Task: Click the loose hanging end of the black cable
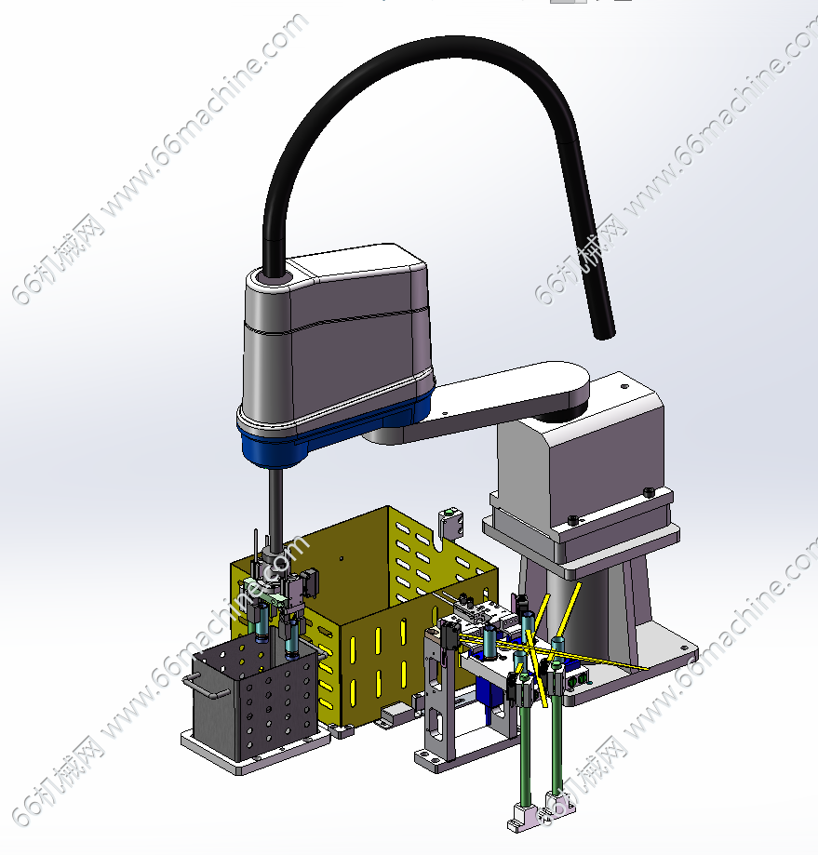tap(604, 330)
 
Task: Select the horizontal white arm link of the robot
tap(490, 398)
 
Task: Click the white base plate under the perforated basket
tap(255, 752)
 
